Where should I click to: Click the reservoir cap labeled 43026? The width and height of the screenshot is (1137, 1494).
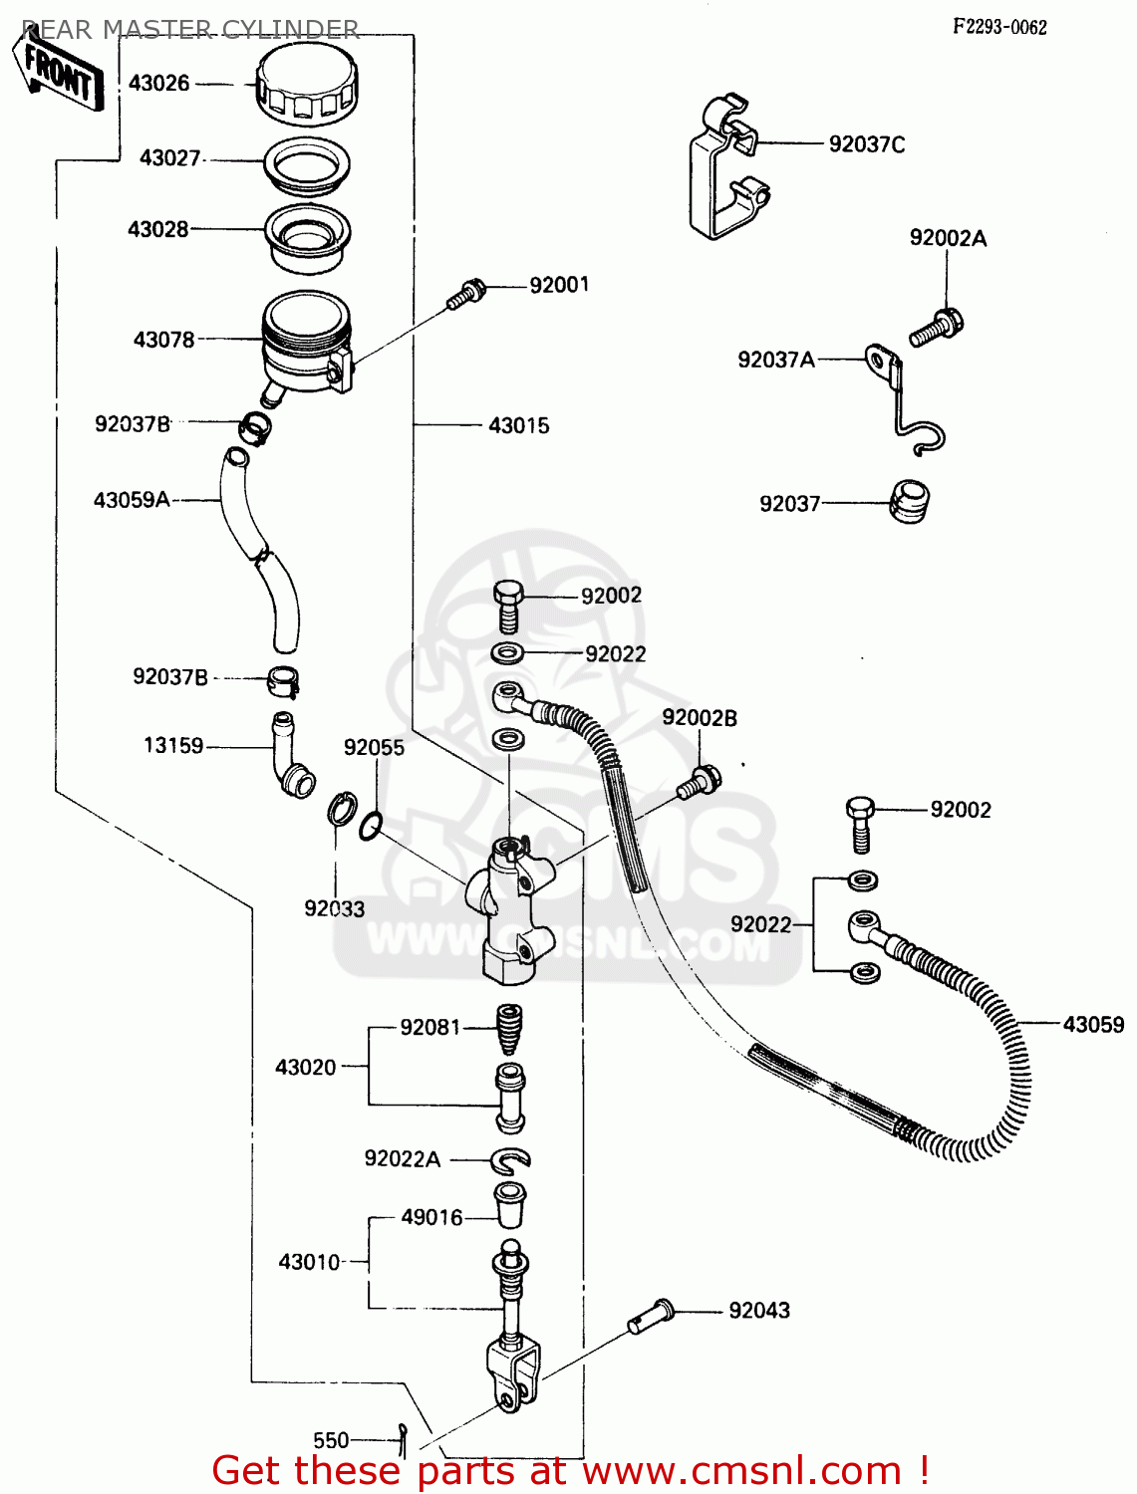pos(306,85)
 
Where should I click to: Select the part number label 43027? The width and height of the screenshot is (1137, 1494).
pos(170,158)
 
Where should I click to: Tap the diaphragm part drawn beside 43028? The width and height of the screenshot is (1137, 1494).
pos(307,236)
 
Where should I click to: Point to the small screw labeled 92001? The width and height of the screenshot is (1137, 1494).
pos(465,294)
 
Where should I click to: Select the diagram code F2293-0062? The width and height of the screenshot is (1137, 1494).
pos(999,27)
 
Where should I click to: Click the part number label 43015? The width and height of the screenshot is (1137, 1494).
pos(518,425)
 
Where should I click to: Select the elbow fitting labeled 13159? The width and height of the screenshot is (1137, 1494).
pos(290,758)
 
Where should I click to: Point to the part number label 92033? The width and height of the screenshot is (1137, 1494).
pos(334,908)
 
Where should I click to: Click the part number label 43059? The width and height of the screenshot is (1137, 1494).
pos(1093,1024)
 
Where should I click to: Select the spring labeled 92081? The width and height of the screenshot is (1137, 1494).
pos(509,1029)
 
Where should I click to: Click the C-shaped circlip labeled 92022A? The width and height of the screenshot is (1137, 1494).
pos(510,1158)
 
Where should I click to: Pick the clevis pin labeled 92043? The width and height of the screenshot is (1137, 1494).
pos(652,1316)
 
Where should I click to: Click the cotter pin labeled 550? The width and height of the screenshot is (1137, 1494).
pos(402,1436)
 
